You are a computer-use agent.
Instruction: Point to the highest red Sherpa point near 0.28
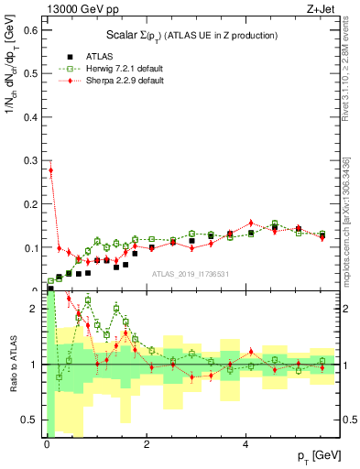coord(50,169)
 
